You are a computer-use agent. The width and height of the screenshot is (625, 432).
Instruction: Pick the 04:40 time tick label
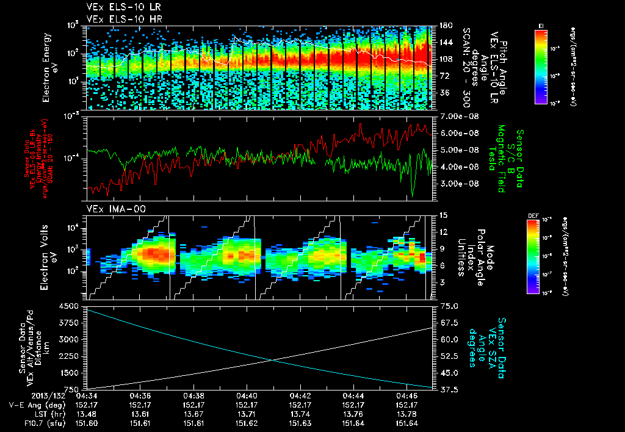click(x=247, y=395)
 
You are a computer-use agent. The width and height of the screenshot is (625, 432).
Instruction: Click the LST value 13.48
click(x=87, y=414)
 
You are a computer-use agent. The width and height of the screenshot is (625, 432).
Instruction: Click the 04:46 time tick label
click(x=406, y=395)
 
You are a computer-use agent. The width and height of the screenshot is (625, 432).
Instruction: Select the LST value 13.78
click(x=406, y=414)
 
